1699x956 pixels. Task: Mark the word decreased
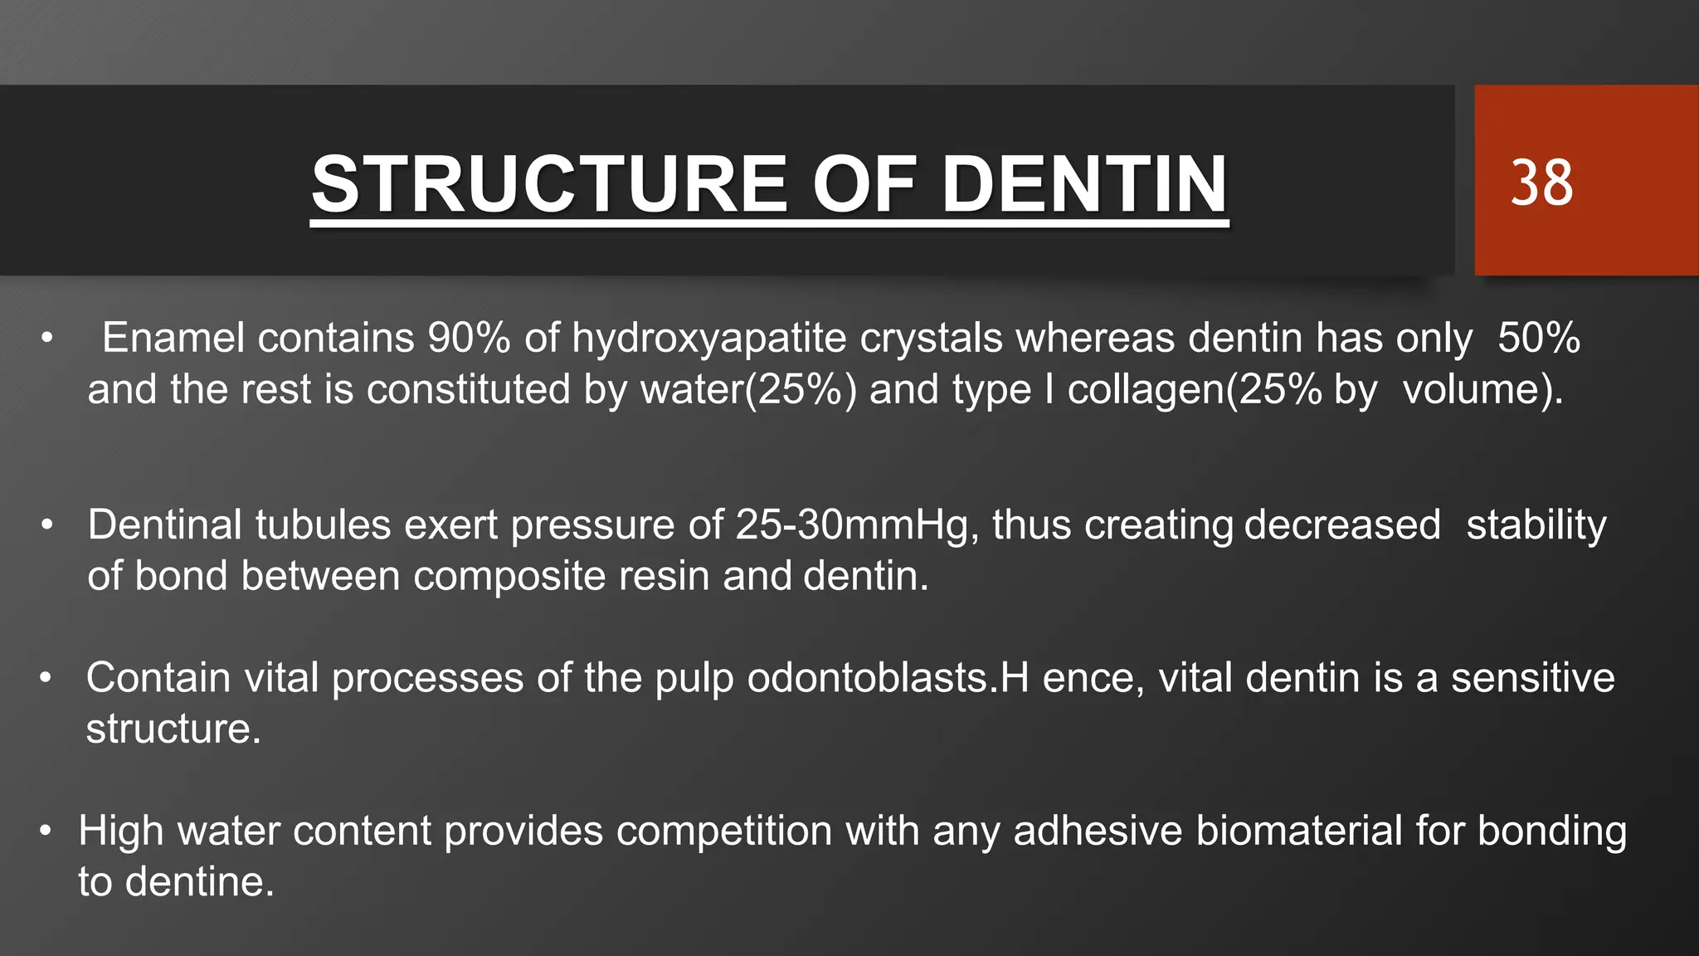point(1342,525)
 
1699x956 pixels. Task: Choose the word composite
point(509,576)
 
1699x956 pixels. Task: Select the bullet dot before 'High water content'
point(46,831)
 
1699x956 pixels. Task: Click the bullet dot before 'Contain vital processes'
point(46,678)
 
